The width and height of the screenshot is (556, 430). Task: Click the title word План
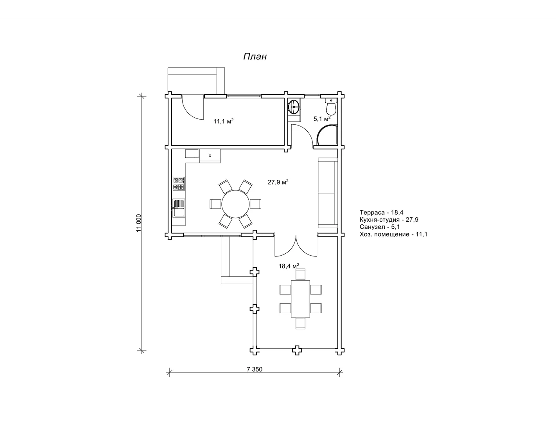[x=255, y=57]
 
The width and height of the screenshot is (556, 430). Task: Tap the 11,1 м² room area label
[x=223, y=121]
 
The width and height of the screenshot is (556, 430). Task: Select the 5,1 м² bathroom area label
[x=322, y=118]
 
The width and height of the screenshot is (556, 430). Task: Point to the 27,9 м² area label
[x=278, y=182]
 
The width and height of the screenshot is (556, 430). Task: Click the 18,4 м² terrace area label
[x=289, y=266]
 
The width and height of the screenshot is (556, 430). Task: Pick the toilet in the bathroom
[x=331, y=107]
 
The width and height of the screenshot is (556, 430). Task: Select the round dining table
[x=235, y=204]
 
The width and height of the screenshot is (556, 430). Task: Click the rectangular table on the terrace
[x=300, y=299]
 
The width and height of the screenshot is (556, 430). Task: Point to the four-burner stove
[x=179, y=183]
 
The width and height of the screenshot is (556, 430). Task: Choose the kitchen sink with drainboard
[x=179, y=208]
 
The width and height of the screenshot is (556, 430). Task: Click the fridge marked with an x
[x=210, y=156]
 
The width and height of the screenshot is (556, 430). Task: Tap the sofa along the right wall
[x=328, y=193]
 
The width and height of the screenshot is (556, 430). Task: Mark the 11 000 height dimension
[x=138, y=223]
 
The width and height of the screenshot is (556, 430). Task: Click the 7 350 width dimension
[x=254, y=369]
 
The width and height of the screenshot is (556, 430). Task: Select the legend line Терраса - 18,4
[x=381, y=212]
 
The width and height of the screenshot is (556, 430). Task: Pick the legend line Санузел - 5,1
[x=380, y=227]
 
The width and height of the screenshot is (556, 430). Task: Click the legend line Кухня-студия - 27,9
[x=389, y=219]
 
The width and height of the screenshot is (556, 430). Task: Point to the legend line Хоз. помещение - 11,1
[x=393, y=234]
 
